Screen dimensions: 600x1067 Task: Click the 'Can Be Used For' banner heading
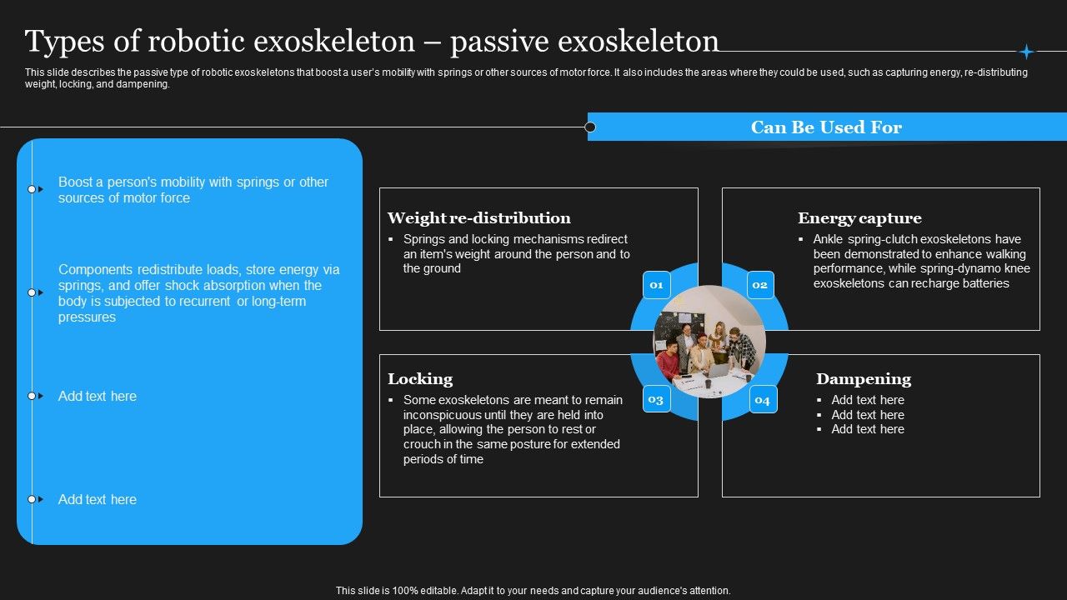pos(826,127)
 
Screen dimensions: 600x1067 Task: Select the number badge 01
pos(656,285)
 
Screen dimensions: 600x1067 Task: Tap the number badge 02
pos(759,285)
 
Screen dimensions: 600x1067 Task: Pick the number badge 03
pos(656,399)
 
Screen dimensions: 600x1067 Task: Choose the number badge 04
pos(762,400)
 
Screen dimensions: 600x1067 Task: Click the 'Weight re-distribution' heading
pos(478,218)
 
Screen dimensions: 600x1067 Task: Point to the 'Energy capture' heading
pos(859,218)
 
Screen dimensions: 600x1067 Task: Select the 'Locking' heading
pos(420,379)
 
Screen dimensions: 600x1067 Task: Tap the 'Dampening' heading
pos(863,379)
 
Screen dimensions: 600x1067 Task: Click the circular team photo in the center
pos(709,342)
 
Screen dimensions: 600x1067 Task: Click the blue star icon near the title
pos(1026,52)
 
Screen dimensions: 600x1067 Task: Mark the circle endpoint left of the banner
pos(590,127)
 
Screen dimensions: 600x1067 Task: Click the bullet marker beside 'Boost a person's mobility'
pos(33,189)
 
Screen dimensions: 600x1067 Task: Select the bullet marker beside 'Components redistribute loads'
pos(33,292)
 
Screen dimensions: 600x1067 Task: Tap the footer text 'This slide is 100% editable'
pos(533,590)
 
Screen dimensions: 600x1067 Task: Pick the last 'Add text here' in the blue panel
pos(98,499)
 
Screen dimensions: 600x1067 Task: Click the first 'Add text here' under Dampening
pos(867,400)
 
